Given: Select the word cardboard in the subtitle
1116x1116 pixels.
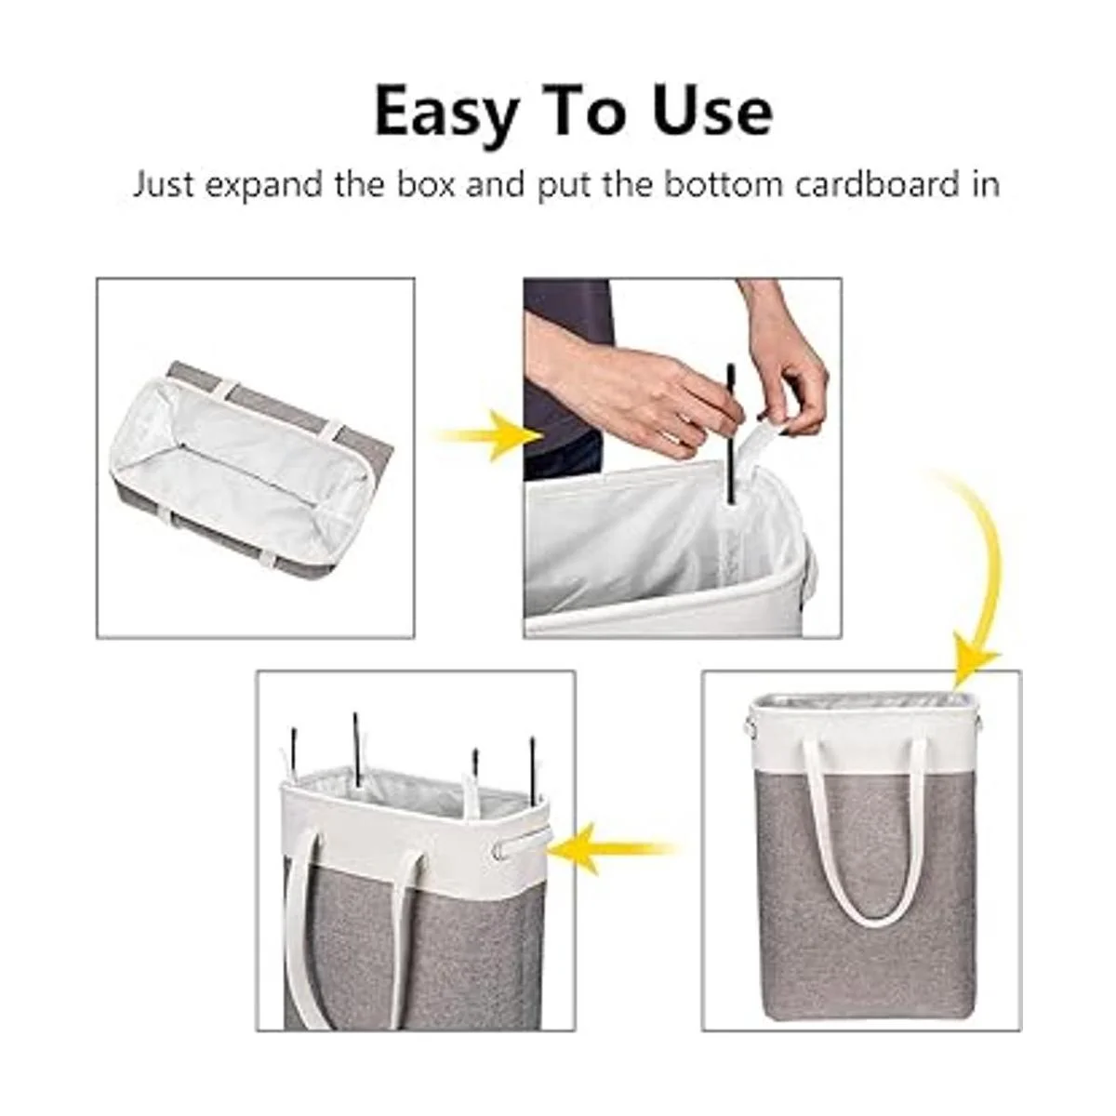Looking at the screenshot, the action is pos(876,185).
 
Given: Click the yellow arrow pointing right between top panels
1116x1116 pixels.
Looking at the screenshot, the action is pos(489,435).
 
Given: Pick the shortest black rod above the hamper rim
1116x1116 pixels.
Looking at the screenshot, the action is pos(475,764).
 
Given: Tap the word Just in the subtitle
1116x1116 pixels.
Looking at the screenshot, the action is pos(164,185).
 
